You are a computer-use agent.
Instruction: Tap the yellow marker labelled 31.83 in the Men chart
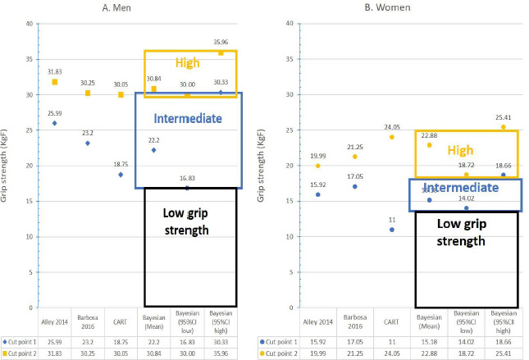pyautogui.click(x=55, y=82)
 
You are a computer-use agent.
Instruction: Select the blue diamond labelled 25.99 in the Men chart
pyautogui.click(x=55, y=123)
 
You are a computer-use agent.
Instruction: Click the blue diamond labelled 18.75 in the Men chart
pyautogui.click(x=121, y=175)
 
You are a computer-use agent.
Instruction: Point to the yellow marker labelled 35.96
pyautogui.click(x=221, y=52)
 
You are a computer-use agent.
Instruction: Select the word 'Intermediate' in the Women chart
pyautogui.click(x=465, y=188)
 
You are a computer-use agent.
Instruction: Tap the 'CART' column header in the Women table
pyautogui.click(x=391, y=322)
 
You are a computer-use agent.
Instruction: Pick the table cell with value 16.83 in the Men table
pyautogui.click(x=187, y=339)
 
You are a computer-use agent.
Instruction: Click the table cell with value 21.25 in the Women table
pyautogui.click(x=353, y=352)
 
